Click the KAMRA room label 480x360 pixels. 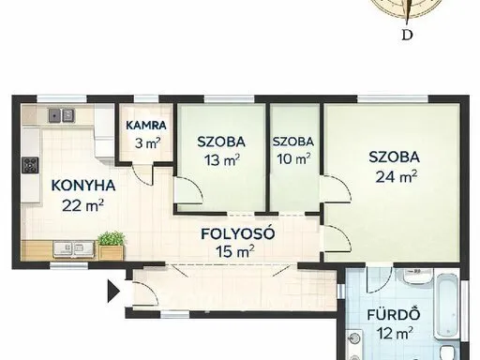click(146, 126)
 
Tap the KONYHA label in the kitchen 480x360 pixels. click(83, 186)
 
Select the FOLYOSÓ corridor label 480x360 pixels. click(238, 233)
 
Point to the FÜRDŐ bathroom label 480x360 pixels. click(394, 315)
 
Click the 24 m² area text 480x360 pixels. click(397, 177)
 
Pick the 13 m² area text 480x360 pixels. click(222, 160)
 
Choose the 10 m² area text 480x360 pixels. click(293, 158)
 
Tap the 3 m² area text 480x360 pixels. click(148, 143)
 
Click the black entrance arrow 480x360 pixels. click(113, 292)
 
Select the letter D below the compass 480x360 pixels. click(407, 35)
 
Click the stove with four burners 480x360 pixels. click(30, 165)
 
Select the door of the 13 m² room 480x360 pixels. click(187, 190)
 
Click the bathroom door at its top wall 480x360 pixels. click(380, 279)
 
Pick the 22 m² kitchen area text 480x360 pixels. click(83, 205)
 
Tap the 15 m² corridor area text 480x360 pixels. click(235, 252)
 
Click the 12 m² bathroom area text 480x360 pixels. click(395, 333)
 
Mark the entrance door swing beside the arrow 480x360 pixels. click(145, 293)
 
